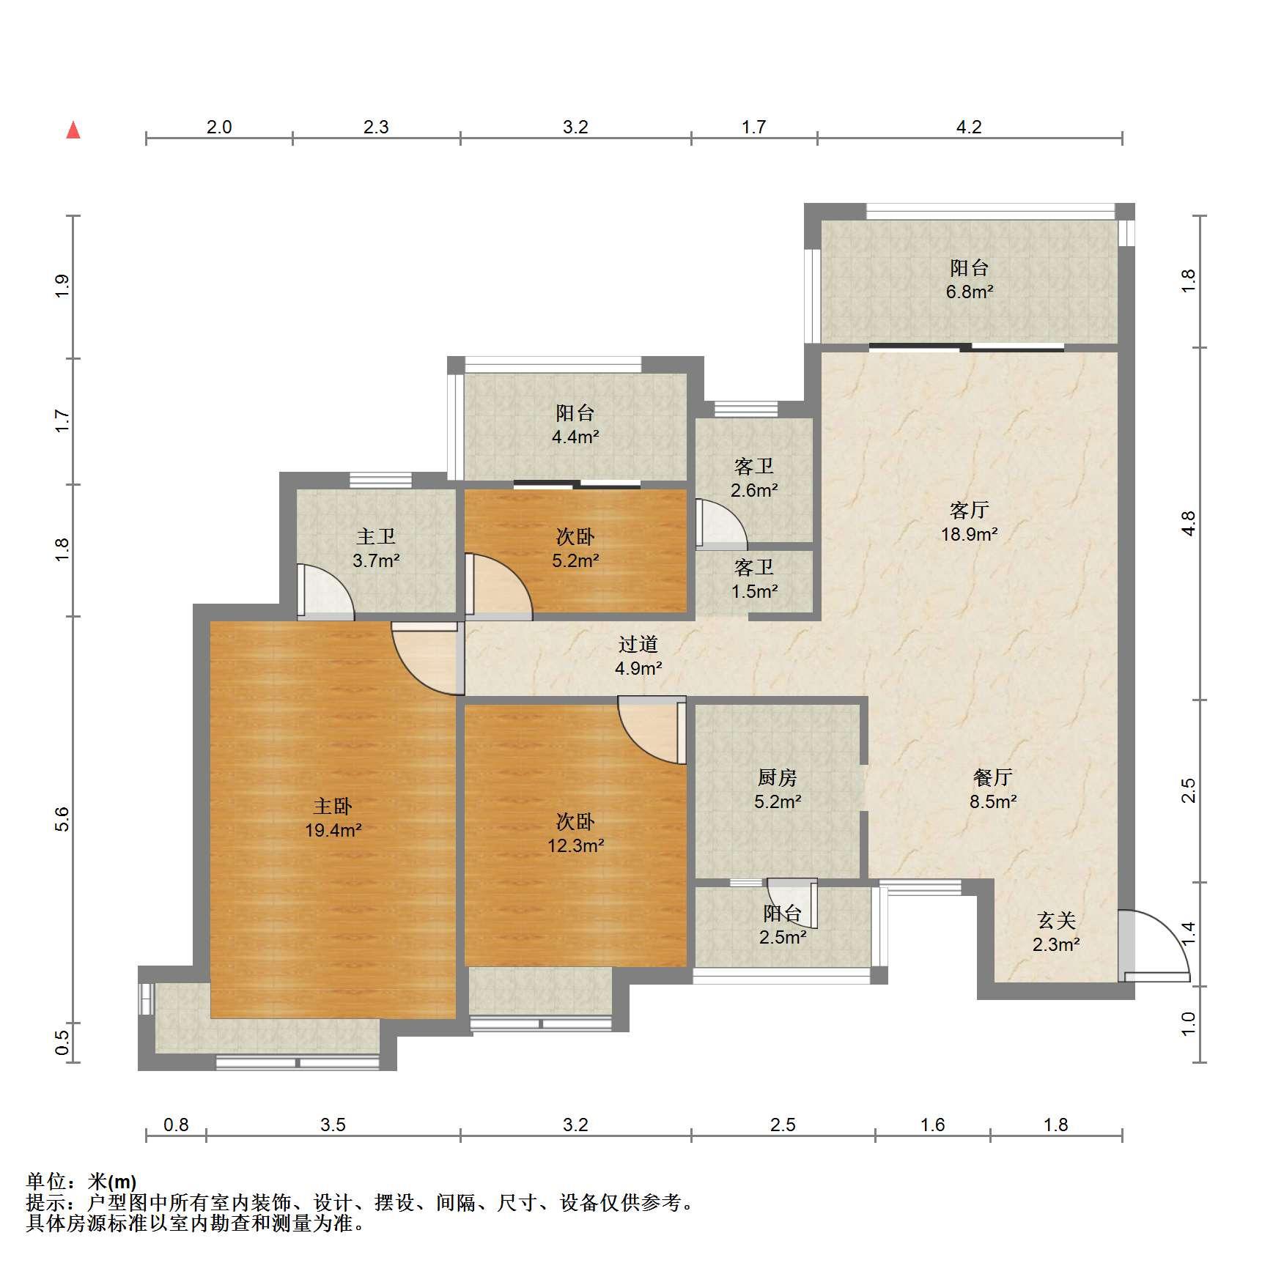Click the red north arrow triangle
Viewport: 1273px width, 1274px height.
click(73, 130)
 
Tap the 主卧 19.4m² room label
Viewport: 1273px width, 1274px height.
click(333, 818)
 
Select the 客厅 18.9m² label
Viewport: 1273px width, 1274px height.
click(969, 522)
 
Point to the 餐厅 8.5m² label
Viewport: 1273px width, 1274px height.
click(993, 789)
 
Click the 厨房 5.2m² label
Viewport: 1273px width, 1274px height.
click(777, 789)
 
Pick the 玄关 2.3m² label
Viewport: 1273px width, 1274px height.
click(1056, 932)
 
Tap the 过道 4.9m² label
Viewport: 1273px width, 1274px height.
click(638, 656)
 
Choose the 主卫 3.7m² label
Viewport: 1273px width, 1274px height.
click(376, 548)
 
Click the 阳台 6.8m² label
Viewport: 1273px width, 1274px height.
click(969, 279)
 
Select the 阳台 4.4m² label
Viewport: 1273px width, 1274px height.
click(575, 424)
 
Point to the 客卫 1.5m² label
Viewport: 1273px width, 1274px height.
click(754, 579)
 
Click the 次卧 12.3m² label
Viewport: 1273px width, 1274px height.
click(575, 834)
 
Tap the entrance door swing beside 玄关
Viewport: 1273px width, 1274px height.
click(1154, 946)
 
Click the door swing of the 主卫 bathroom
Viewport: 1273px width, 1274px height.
click(325, 589)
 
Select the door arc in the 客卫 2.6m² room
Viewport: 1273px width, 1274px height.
click(721, 524)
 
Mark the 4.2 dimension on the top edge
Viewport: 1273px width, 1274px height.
click(969, 127)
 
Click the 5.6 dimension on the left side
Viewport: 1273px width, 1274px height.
click(62, 818)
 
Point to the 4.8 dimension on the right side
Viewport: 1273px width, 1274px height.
click(1188, 523)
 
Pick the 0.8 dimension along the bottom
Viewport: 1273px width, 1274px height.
click(176, 1125)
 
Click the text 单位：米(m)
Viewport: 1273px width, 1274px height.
click(81, 1182)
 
